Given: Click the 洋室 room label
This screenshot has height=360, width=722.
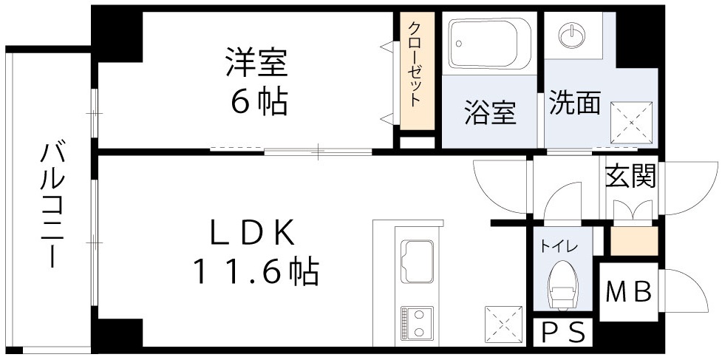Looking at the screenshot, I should point(256,62).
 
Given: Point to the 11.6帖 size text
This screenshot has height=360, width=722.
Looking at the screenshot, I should point(256,273).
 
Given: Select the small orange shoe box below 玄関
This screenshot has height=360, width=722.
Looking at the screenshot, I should point(633,240).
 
